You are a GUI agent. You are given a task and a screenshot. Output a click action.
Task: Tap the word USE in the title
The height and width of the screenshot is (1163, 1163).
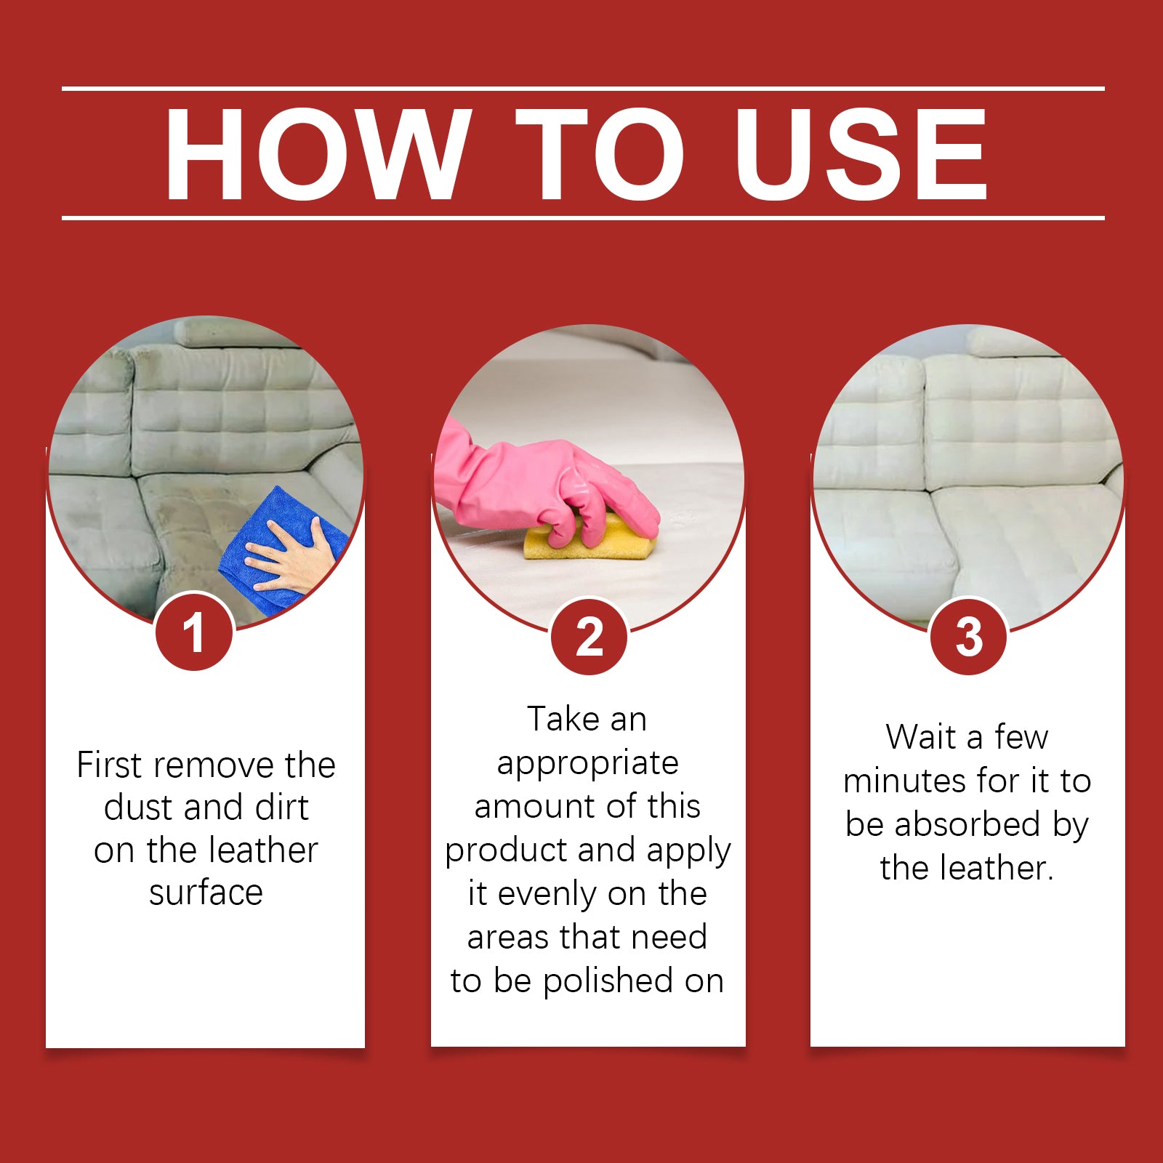point(861,153)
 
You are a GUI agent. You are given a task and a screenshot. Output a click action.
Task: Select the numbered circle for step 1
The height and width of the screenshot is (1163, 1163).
point(194,632)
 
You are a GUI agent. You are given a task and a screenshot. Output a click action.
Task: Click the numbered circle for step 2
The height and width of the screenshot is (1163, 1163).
point(589,637)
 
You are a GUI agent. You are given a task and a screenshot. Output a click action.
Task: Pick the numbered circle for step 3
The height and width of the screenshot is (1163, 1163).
point(968,637)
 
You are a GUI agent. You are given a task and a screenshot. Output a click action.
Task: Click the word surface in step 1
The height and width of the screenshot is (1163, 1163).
point(206,893)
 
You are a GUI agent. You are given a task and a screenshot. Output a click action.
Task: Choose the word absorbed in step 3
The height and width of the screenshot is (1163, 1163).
point(967,824)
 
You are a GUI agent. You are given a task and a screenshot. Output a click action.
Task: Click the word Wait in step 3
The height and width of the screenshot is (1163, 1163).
point(920,737)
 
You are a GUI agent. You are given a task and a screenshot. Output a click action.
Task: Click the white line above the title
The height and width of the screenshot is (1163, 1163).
point(583,89)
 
